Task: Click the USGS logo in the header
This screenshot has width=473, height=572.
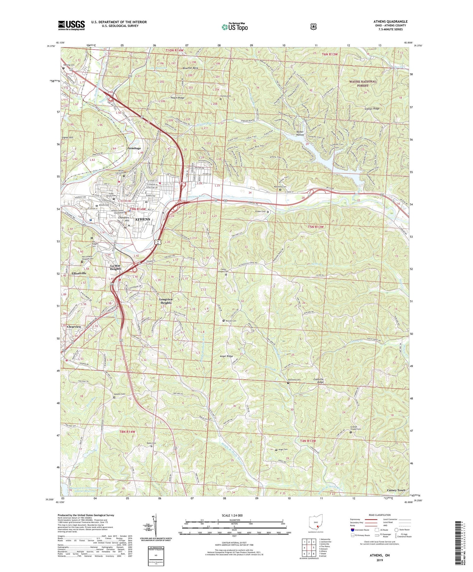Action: tap(71, 25)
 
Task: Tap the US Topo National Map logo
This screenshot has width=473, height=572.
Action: tap(235, 27)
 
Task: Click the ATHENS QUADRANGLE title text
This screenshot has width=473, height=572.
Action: tap(390, 21)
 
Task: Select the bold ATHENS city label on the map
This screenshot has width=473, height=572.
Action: tap(143, 219)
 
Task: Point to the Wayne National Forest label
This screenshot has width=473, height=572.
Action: tap(363, 83)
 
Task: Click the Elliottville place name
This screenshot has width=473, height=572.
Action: tap(79, 273)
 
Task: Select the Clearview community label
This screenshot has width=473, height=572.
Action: tap(74, 327)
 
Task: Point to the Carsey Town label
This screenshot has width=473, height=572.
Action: tap(396, 490)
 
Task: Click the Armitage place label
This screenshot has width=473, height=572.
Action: tap(134, 148)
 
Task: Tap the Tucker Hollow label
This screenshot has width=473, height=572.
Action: tap(300, 133)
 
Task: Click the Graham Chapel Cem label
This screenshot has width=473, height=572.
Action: tap(355, 429)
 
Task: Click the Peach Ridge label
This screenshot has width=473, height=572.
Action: tap(178, 98)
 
